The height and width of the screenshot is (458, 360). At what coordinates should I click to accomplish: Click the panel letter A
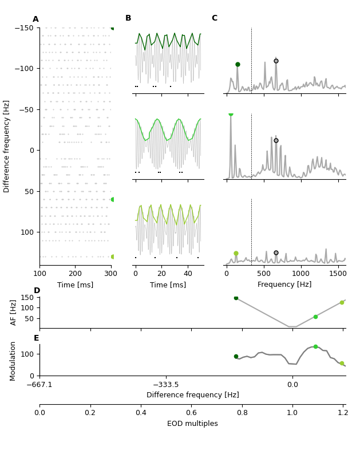tap(35, 19)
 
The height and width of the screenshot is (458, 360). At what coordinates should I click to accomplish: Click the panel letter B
tap(128, 18)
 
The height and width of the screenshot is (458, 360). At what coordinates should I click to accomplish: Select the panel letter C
tap(215, 18)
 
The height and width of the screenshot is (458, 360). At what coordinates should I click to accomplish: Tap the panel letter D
tap(37, 291)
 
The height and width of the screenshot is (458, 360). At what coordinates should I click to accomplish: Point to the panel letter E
tap(37, 338)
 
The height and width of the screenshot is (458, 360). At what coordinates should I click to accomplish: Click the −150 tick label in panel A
tap(25, 27)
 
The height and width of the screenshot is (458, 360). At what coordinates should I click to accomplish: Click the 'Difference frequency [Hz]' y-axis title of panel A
tap(7, 146)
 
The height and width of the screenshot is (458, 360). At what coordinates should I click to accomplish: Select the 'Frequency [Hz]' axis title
tap(284, 285)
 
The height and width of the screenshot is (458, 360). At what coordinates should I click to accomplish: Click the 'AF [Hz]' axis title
tap(14, 313)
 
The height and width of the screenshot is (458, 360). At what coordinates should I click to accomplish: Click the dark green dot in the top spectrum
tap(238, 65)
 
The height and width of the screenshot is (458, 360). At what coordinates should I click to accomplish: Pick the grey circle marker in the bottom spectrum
tap(276, 252)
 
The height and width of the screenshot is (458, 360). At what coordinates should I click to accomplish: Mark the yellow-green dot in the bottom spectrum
tap(236, 253)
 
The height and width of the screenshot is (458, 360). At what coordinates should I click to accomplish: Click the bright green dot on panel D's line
tap(315, 317)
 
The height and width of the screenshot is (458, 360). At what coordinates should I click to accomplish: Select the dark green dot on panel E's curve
tap(236, 356)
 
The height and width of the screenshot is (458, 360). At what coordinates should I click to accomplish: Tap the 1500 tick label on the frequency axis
tap(338, 273)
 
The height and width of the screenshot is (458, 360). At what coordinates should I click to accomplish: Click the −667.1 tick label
tap(39, 385)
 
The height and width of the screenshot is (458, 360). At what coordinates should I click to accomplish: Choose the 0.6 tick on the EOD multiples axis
tap(191, 412)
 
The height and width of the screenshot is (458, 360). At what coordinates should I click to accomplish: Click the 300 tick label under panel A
tap(111, 273)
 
